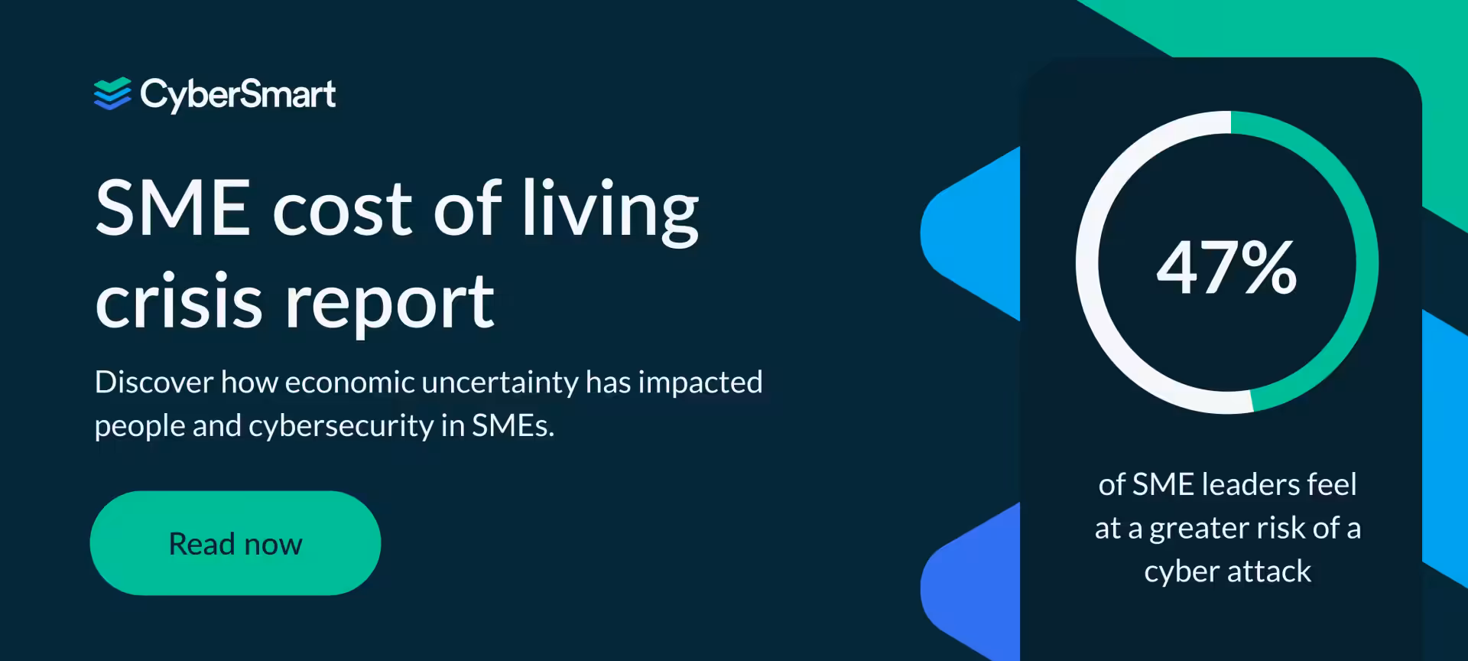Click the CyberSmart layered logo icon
point(112,94)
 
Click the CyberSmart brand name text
point(238,95)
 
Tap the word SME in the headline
point(173,208)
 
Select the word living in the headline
point(610,208)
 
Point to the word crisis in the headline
point(179,301)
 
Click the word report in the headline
point(390,303)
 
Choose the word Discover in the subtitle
point(154,382)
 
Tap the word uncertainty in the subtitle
point(500,382)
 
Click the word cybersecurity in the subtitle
point(341,425)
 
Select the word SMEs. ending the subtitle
point(513,425)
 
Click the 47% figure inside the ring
point(1226,267)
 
